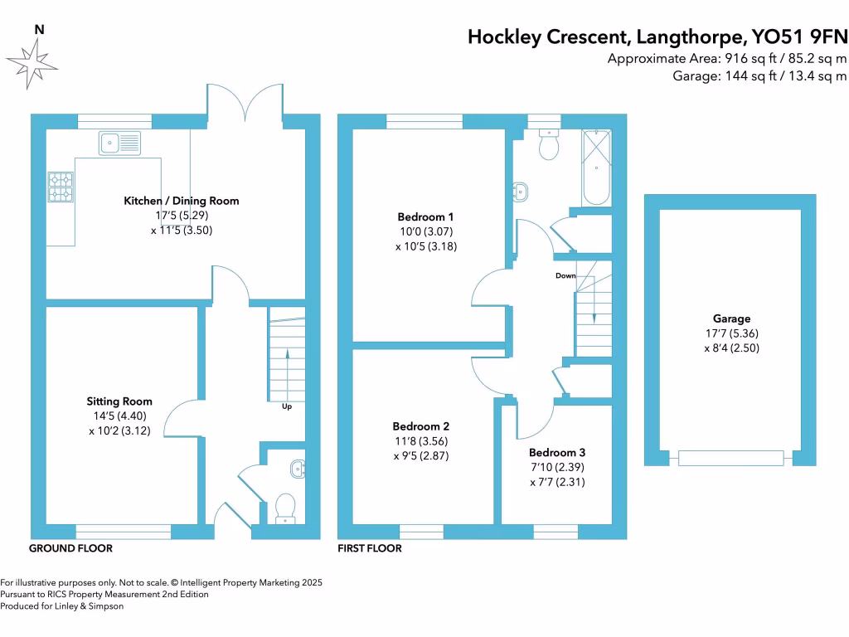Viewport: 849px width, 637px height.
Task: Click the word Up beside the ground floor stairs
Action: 286,406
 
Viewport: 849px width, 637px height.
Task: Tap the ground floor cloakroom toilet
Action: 285,507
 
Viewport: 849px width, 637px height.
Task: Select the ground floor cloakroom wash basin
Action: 298,469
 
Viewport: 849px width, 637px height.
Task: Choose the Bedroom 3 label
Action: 557,453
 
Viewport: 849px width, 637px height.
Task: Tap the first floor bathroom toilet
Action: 548,145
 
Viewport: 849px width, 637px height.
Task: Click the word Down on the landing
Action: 565,275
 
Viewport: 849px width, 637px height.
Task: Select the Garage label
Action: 731,318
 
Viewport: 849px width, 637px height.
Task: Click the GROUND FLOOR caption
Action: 70,548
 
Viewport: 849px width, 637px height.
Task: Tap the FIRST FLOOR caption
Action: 370,548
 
